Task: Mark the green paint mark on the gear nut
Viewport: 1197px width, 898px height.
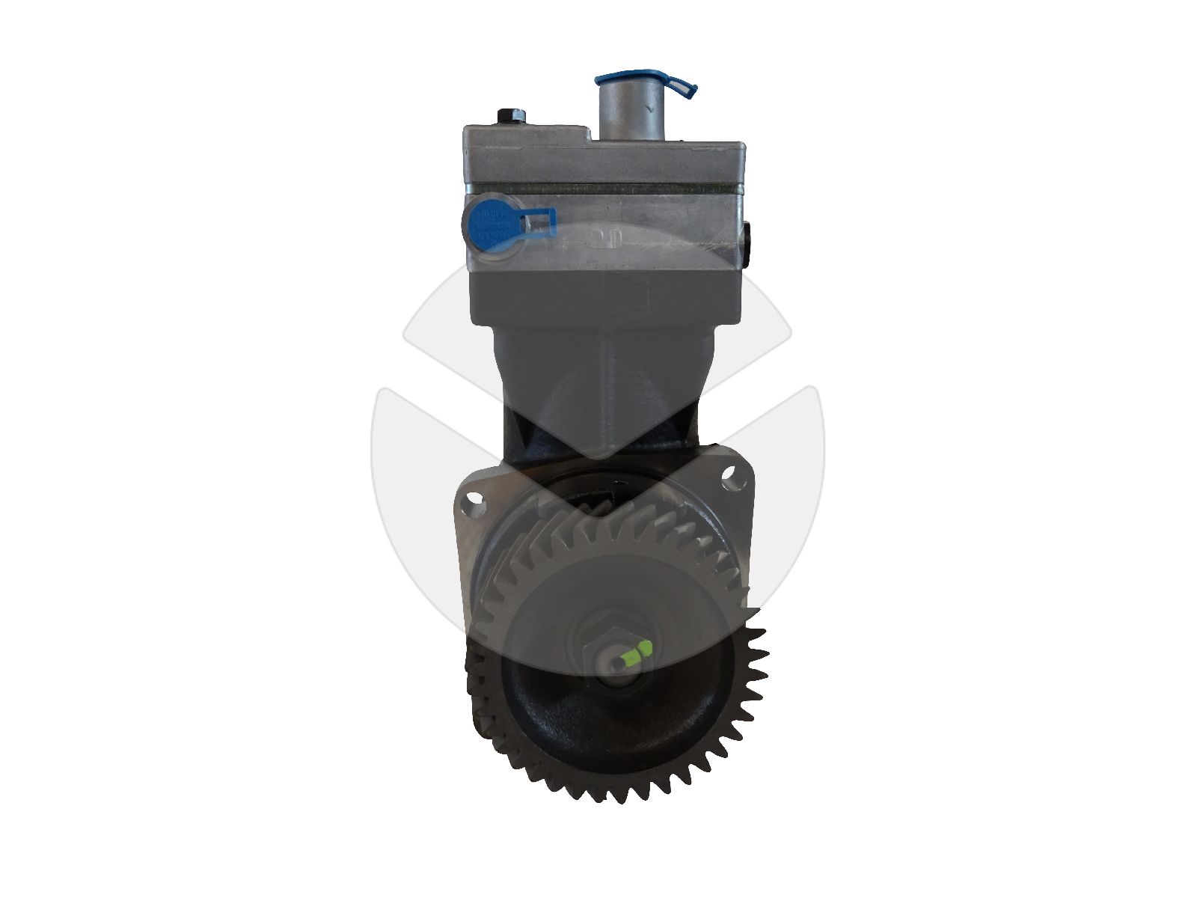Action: [x=635, y=653]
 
